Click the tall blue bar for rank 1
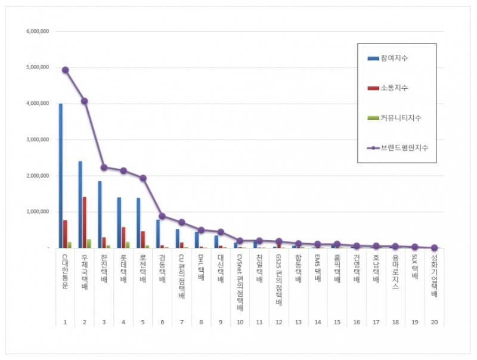pyautogui.click(x=60, y=176)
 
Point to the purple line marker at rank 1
pyautogui.click(x=65, y=70)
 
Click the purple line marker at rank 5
pyautogui.click(x=143, y=178)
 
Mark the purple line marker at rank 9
pyautogui.click(x=221, y=232)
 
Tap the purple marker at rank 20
pyautogui.click(x=434, y=247)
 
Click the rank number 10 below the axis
pyautogui.click(x=240, y=322)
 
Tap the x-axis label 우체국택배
pyautogui.click(x=84, y=271)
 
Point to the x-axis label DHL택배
pyautogui.click(x=201, y=268)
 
